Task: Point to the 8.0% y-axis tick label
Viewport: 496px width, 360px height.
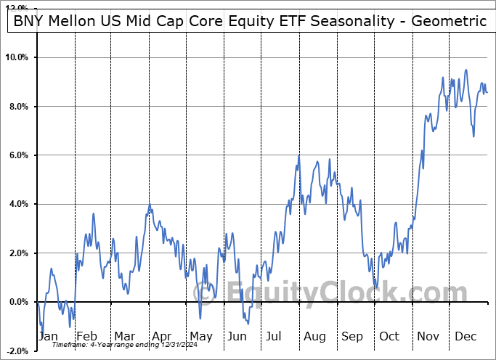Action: pyautogui.click(x=19, y=107)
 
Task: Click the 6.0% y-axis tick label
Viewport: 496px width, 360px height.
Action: pyautogui.click(x=19, y=155)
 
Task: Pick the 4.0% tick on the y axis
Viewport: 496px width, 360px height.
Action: pyautogui.click(x=19, y=204)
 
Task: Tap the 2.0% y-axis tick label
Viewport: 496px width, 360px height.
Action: pyautogui.click(x=19, y=253)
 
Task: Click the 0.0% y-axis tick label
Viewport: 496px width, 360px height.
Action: pyautogui.click(x=19, y=302)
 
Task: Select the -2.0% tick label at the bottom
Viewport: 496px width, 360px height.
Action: pyautogui.click(x=17, y=351)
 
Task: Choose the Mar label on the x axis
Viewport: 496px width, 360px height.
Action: pyautogui.click(x=124, y=337)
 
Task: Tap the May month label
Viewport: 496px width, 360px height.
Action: pyautogui.click(x=200, y=337)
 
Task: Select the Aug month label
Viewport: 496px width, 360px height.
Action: pyautogui.click(x=314, y=337)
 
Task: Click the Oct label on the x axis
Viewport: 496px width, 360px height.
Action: pyautogui.click(x=389, y=337)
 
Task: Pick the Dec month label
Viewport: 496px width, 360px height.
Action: pyautogui.click(x=465, y=337)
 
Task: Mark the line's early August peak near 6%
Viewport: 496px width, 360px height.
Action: pyautogui.click(x=298, y=156)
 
